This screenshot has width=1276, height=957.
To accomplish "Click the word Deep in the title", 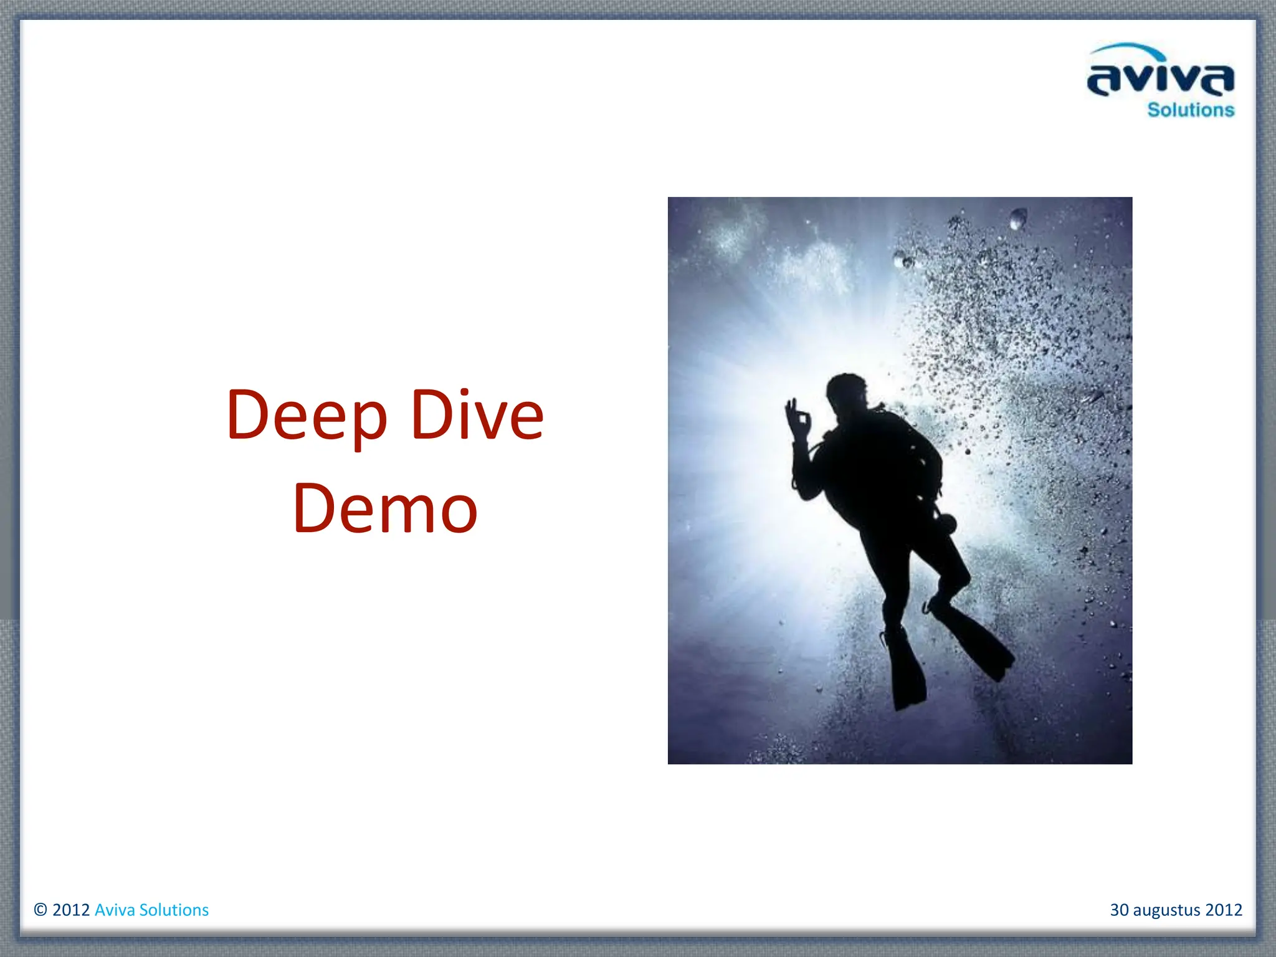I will [x=307, y=416].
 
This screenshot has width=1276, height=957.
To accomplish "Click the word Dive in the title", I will [x=477, y=415].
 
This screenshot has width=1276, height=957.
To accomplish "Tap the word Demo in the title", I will [x=385, y=508].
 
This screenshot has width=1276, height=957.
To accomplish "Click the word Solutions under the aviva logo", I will [x=1191, y=110].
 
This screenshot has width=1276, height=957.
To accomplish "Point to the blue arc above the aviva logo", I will [x=1126, y=49].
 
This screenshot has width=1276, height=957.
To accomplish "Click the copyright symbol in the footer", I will [x=40, y=910].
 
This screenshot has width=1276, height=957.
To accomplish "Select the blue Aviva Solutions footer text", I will [x=151, y=910].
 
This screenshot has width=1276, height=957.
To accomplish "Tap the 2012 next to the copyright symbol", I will [x=71, y=910].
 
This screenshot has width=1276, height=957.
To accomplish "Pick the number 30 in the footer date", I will [x=1119, y=910].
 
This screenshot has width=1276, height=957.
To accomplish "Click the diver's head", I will [x=846, y=393].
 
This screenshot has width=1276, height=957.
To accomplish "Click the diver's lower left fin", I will [x=905, y=673].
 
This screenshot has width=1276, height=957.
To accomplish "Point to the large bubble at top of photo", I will [x=1017, y=219].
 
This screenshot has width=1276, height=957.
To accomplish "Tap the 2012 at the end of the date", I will [x=1224, y=910].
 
